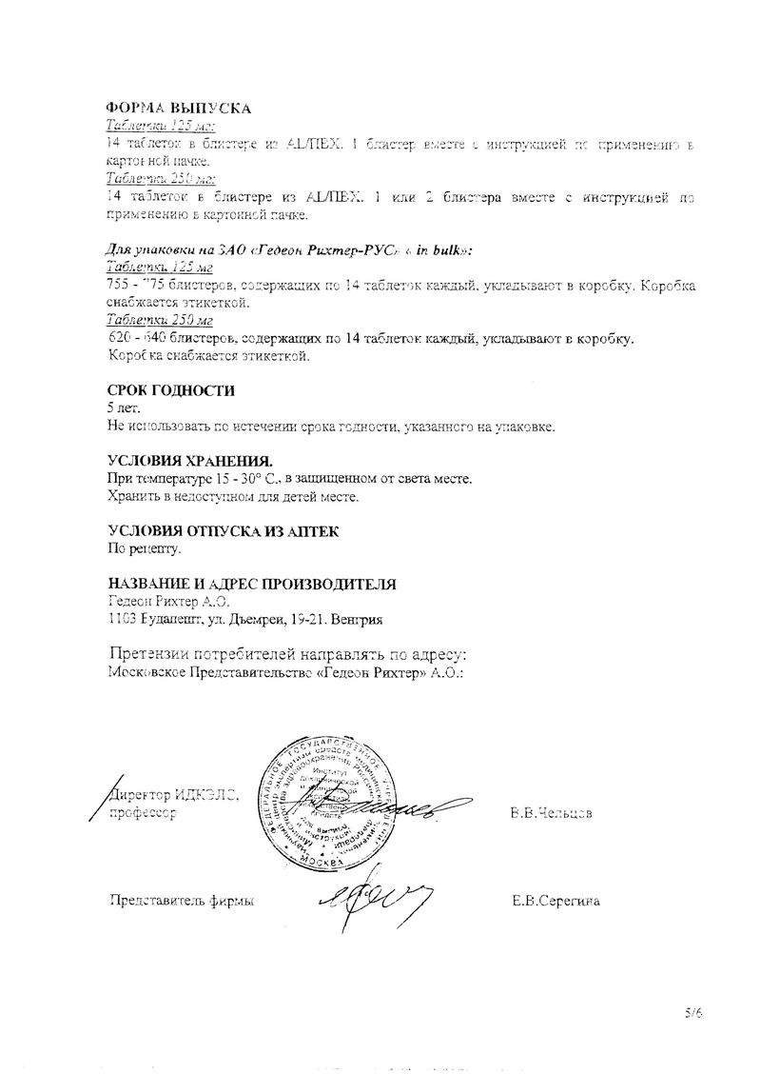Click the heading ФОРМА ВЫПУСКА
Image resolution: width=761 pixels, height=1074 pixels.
point(178,109)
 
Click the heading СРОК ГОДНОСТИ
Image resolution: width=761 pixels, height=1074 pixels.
point(171,390)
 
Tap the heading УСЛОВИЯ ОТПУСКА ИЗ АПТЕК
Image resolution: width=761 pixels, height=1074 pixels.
point(223,530)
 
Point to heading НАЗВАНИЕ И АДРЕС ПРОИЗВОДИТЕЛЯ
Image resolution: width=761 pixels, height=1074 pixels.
point(252,584)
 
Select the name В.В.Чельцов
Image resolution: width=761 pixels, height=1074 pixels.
point(552,814)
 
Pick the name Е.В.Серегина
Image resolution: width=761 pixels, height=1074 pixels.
point(555,900)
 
